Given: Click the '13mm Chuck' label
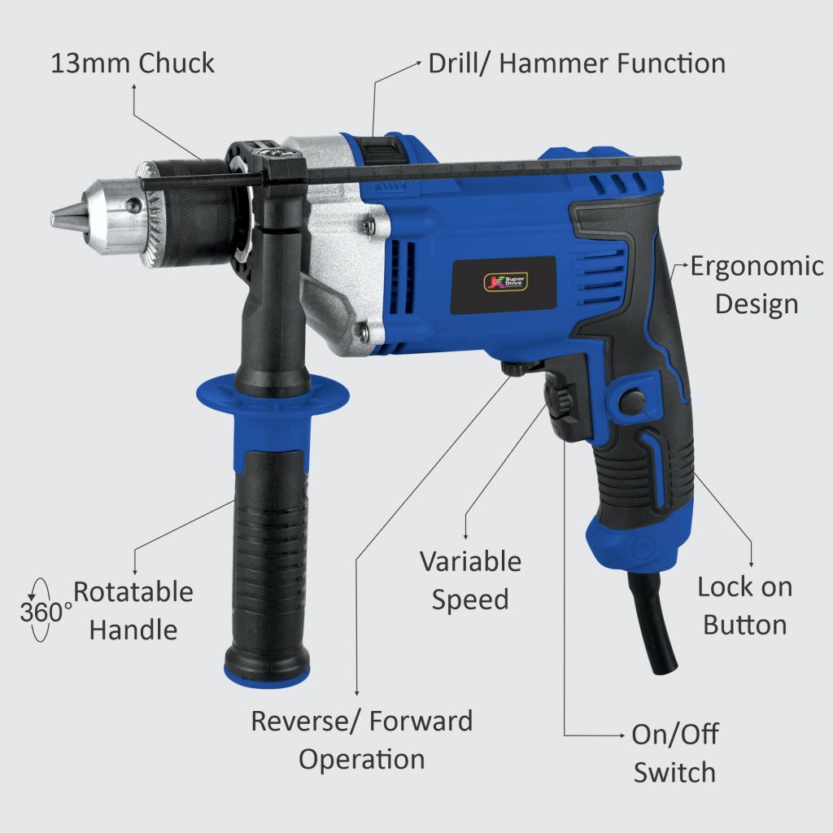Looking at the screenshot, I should pyautogui.click(x=133, y=63).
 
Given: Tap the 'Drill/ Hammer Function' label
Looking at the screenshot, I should pyautogui.click(x=577, y=63).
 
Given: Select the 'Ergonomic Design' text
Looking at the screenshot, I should pyautogui.click(x=757, y=285).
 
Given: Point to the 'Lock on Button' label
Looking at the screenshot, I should pyautogui.click(x=744, y=605).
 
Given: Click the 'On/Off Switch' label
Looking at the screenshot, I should pyautogui.click(x=674, y=752).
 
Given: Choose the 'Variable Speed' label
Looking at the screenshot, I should pyautogui.click(x=470, y=580).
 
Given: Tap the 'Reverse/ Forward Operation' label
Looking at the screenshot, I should pyautogui.click(x=361, y=739).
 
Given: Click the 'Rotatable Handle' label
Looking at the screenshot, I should pyautogui.click(x=133, y=610).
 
